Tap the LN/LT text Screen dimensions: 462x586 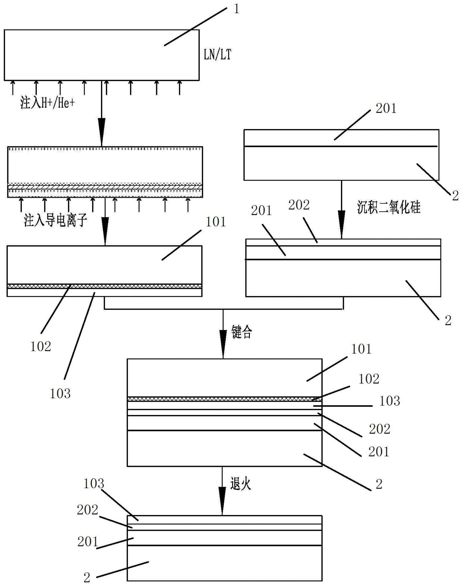tap(218, 55)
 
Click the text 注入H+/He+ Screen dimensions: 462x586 tap(48, 103)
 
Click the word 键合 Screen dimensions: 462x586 tap(242, 332)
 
